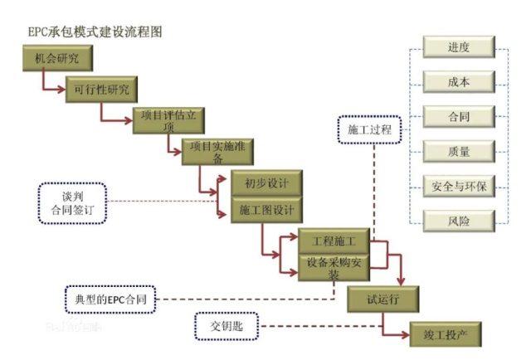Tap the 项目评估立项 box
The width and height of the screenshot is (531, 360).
[x=168, y=121]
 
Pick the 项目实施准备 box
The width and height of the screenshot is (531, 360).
[x=217, y=151]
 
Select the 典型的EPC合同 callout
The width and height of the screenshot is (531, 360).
[x=110, y=297]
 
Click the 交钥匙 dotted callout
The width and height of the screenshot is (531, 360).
[x=227, y=324]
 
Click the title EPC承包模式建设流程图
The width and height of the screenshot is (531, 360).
[x=92, y=32]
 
